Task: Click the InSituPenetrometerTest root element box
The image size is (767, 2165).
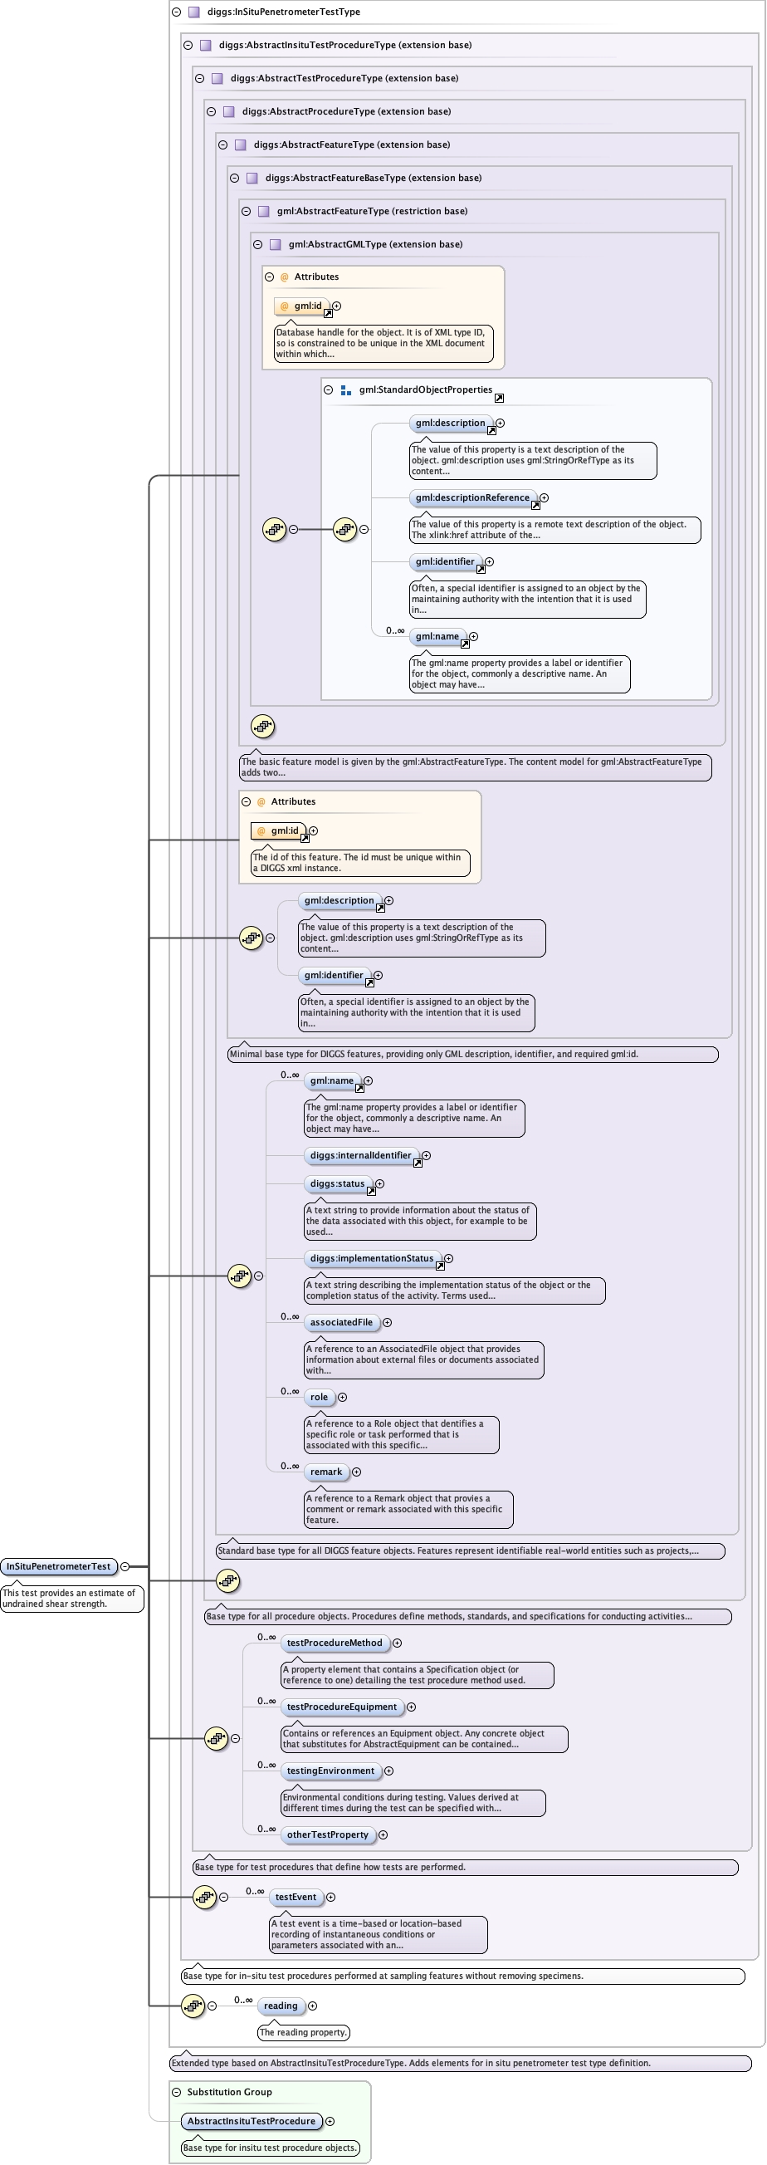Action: [59, 1566]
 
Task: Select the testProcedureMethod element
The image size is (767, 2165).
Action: [335, 1643]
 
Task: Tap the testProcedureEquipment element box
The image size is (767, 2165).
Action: [341, 1707]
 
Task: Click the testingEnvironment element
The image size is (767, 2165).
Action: [330, 1771]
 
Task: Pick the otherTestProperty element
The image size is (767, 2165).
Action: [328, 1834]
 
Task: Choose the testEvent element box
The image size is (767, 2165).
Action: [296, 1897]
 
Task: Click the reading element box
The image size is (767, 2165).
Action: [281, 2006]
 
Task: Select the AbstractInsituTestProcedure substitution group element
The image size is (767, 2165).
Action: [252, 2121]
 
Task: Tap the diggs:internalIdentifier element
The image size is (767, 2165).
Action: [361, 1156]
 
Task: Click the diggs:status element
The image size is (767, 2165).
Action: [338, 1184]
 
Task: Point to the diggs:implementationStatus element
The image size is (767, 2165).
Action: [372, 1259]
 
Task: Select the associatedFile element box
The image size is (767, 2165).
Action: [341, 1323]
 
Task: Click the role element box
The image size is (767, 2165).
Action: [320, 1398]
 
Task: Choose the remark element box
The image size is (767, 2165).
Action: [326, 1472]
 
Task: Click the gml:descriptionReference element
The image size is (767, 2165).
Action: [473, 498]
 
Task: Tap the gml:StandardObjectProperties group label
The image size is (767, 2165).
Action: [425, 390]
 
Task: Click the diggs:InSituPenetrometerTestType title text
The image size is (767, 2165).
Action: [283, 12]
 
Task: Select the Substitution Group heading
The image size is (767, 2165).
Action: [229, 2092]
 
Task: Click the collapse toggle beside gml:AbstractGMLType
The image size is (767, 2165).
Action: [258, 245]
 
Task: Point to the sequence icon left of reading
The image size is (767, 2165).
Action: [193, 2006]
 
